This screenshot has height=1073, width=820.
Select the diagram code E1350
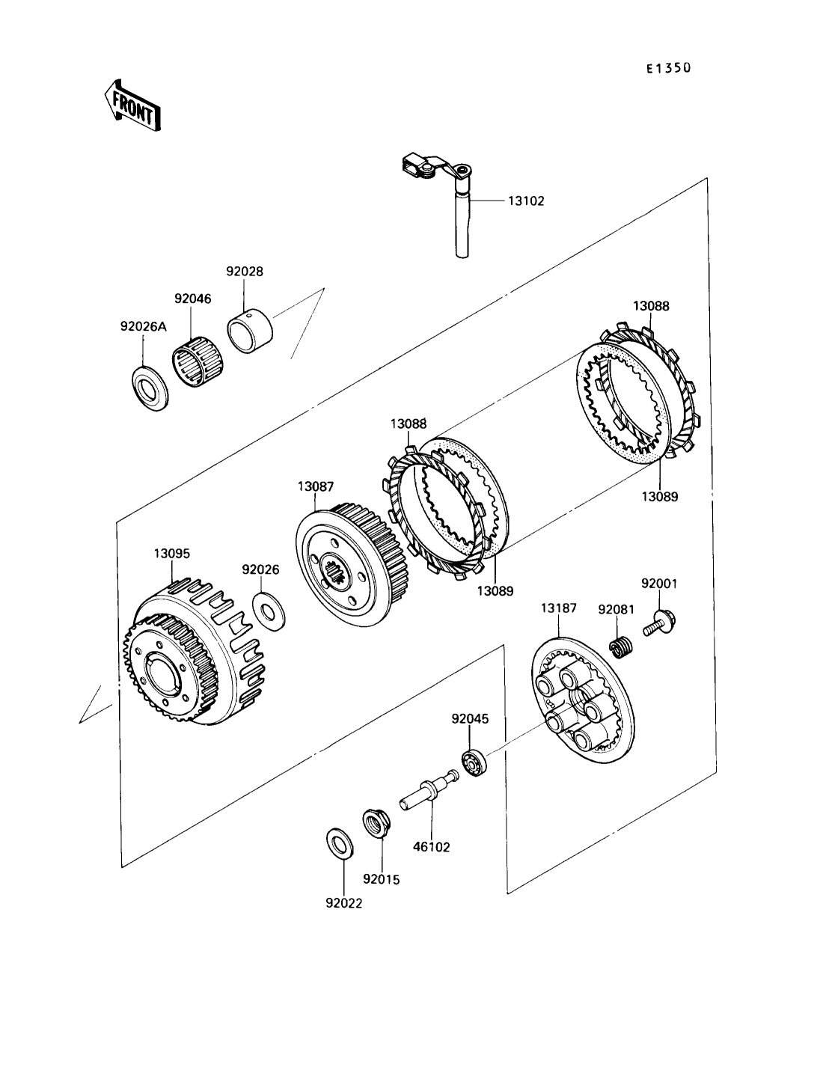click(669, 68)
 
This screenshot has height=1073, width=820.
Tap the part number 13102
click(526, 201)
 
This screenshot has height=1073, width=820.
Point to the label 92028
click(245, 272)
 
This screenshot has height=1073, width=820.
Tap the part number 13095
click(172, 554)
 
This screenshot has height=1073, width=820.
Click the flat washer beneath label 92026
click(269, 611)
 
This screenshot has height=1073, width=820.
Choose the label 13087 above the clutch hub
click(316, 487)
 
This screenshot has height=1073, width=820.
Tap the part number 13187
click(559, 608)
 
